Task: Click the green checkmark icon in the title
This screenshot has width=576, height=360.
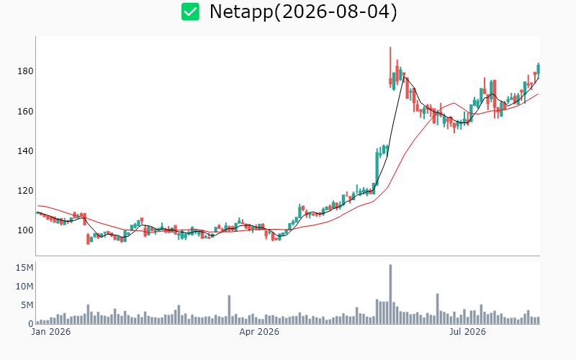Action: (190, 12)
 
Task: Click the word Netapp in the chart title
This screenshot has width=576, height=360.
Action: (241, 12)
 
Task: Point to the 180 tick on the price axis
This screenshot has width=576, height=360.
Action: (25, 71)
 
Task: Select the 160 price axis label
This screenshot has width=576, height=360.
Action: (25, 111)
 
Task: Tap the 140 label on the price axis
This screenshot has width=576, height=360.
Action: (25, 150)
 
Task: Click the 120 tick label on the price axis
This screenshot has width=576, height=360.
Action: (25, 190)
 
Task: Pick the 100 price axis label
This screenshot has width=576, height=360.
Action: (25, 230)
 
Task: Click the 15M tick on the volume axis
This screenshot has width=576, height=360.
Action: (24, 267)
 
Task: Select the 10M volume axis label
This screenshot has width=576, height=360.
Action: (24, 286)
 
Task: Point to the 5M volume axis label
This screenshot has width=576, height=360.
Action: (27, 305)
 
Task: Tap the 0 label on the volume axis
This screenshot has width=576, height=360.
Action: (31, 323)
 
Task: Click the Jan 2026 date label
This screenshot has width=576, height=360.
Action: (51, 332)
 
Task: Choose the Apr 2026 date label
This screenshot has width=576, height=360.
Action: (259, 332)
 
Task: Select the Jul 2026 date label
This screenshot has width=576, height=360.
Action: (467, 332)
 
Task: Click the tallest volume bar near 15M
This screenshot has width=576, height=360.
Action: (390, 294)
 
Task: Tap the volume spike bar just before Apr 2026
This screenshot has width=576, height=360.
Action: (229, 310)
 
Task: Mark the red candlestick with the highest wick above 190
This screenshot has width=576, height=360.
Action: (390, 67)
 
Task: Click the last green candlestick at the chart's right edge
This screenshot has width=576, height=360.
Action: (539, 69)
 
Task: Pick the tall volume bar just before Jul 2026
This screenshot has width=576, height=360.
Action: (438, 309)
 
